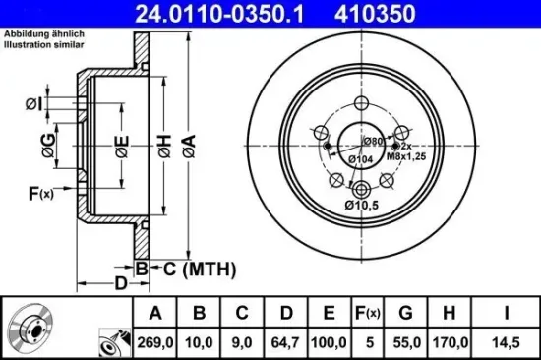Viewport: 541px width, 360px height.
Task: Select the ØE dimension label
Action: tap(121, 149)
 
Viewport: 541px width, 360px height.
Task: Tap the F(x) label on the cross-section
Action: tap(39, 193)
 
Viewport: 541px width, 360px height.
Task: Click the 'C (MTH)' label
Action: tap(189, 268)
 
